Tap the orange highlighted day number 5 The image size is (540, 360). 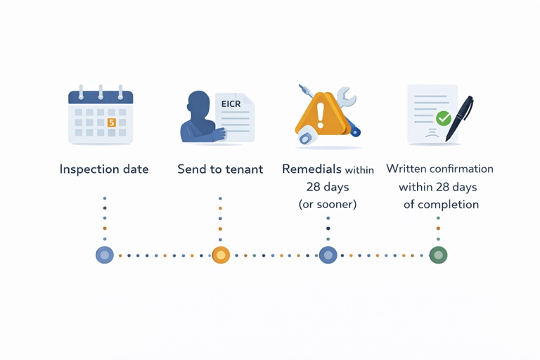pyautogui.click(x=111, y=122)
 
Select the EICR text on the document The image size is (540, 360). pyautogui.click(x=231, y=104)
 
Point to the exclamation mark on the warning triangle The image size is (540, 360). pyautogui.click(x=321, y=112)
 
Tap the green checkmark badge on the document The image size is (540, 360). pyautogui.click(x=443, y=118)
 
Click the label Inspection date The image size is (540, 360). pyautogui.click(x=104, y=169)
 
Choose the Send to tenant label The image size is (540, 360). pyautogui.click(x=221, y=169)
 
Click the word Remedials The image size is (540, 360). pyautogui.click(x=311, y=169)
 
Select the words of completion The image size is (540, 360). pyautogui.click(x=441, y=205)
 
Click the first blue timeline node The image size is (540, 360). pyautogui.click(x=105, y=255)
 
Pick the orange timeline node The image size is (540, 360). pyautogui.click(x=221, y=255)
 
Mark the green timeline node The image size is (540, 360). pyautogui.click(x=438, y=255)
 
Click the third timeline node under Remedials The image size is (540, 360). pyautogui.click(x=328, y=255)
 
